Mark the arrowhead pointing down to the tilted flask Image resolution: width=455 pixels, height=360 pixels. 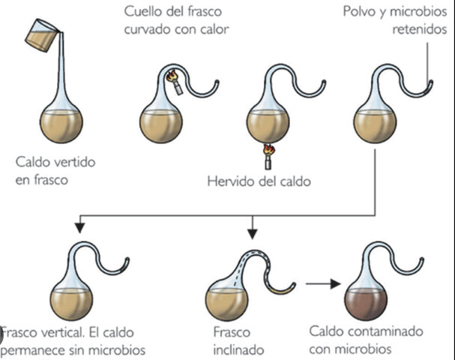[x=253, y=227]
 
